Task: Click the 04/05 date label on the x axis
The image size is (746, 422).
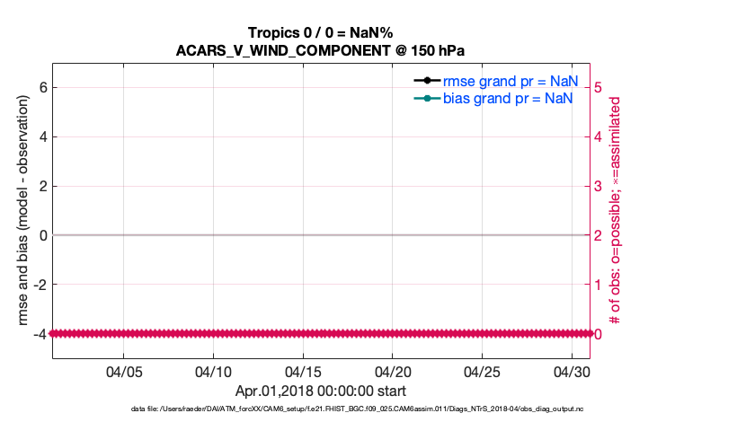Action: click(124, 371)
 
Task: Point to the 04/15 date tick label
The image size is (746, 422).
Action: click(303, 371)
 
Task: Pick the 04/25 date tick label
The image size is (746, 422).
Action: click(482, 371)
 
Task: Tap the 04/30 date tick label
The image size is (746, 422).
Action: click(571, 371)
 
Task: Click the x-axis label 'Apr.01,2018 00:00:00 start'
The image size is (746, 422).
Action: click(321, 391)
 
